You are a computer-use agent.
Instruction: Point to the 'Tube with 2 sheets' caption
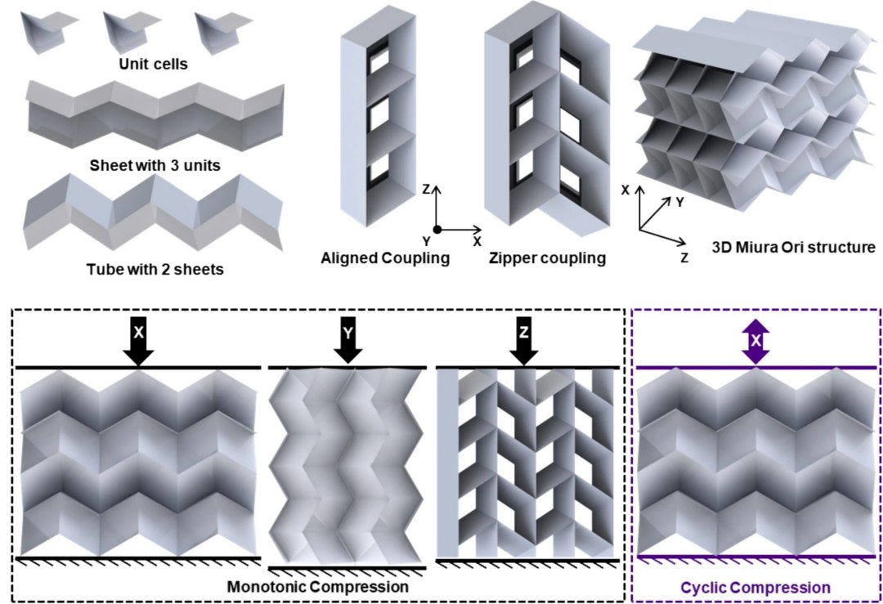[155, 267]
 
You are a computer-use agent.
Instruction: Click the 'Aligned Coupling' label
[374, 259]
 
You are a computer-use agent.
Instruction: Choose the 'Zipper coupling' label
[547, 259]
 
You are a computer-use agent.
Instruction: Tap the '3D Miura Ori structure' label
[782, 246]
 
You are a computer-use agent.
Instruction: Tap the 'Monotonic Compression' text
[317, 586]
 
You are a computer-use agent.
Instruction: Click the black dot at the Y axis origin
[437, 229]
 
